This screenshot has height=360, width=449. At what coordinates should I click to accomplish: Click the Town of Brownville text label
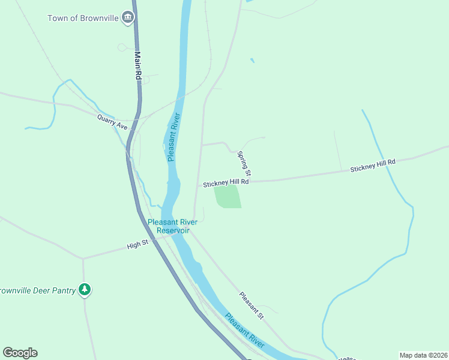click(83, 17)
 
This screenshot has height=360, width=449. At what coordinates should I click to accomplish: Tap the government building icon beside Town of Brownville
click(127, 17)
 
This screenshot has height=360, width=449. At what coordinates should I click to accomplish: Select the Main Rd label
click(137, 66)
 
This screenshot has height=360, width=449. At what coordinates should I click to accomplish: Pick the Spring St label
click(244, 164)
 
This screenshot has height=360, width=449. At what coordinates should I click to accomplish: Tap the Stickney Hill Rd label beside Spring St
click(225, 183)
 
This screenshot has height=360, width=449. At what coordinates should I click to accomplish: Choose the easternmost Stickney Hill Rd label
click(373, 166)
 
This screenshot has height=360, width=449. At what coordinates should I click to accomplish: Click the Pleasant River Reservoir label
click(173, 226)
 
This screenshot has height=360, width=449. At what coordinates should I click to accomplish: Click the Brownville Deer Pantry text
click(37, 290)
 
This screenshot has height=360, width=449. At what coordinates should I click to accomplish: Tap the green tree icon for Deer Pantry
click(85, 290)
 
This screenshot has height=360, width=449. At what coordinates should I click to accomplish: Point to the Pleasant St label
click(252, 305)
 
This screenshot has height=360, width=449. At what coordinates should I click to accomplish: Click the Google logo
click(20, 353)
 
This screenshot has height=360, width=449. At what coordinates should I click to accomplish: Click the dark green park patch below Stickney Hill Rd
click(228, 196)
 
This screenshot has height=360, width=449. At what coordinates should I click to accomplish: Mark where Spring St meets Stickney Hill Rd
click(250, 180)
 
